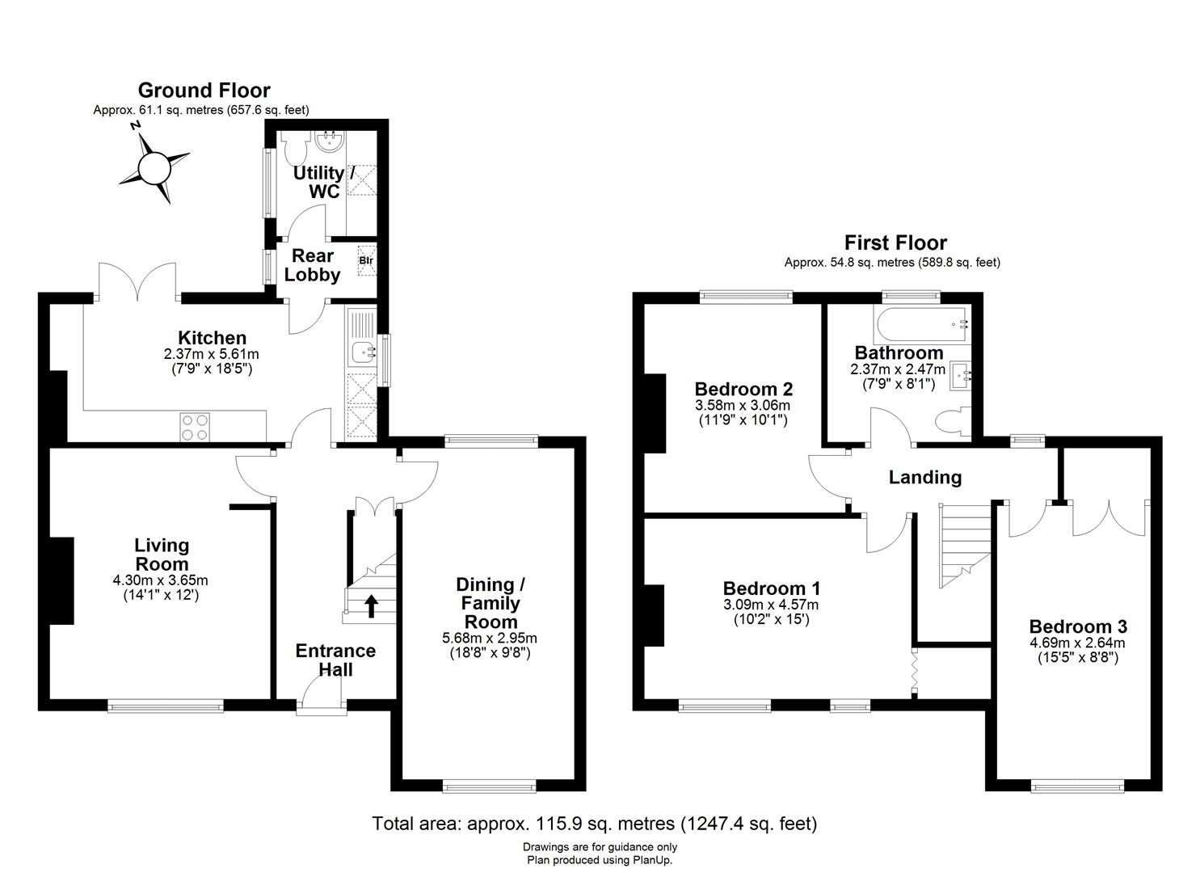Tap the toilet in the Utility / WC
(x=293, y=149)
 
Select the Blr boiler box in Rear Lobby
(x=366, y=260)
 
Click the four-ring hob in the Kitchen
(x=194, y=426)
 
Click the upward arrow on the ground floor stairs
(x=371, y=605)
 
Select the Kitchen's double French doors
(x=137, y=283)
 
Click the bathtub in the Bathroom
(x=920, y=324)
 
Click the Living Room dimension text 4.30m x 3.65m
(x=161, y=580)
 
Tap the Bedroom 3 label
(x=1077, y=626)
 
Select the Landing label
(x=924, y=478)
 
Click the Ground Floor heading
(x=204, y=90)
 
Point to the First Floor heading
(x=895, y=242)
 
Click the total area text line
(x=594, y=824)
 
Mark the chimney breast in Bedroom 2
(x=654, y=412)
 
